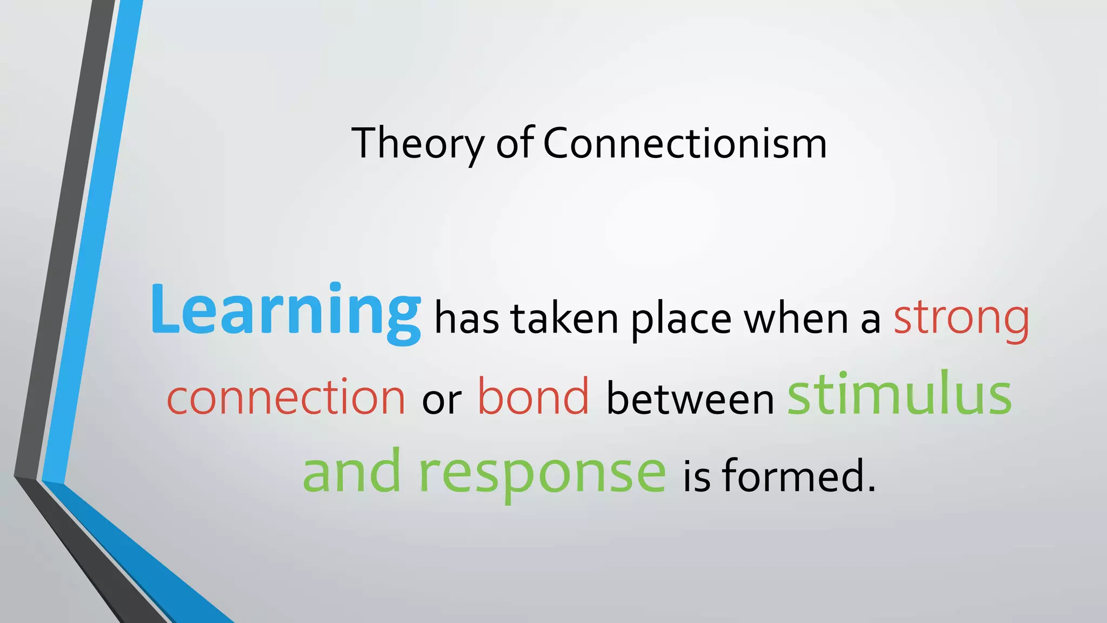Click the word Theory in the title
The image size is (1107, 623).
pos(418,143)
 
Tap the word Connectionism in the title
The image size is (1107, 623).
pos(684,143)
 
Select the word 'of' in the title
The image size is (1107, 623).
pos(515,143)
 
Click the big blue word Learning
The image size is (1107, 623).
pos(285,311)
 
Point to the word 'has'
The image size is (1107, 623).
pos(466,319)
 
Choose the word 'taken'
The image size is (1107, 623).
pos(564,319)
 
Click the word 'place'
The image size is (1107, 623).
pos(681,319)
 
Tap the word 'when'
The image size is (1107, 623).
pos(796,319)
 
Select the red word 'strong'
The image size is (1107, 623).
pos(961,319)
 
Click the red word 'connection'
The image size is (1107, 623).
pos(286,397)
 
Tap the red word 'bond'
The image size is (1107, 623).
pos(533,397)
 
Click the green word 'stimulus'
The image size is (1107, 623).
pos(899,394)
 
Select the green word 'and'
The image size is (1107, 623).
pos(352,472)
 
